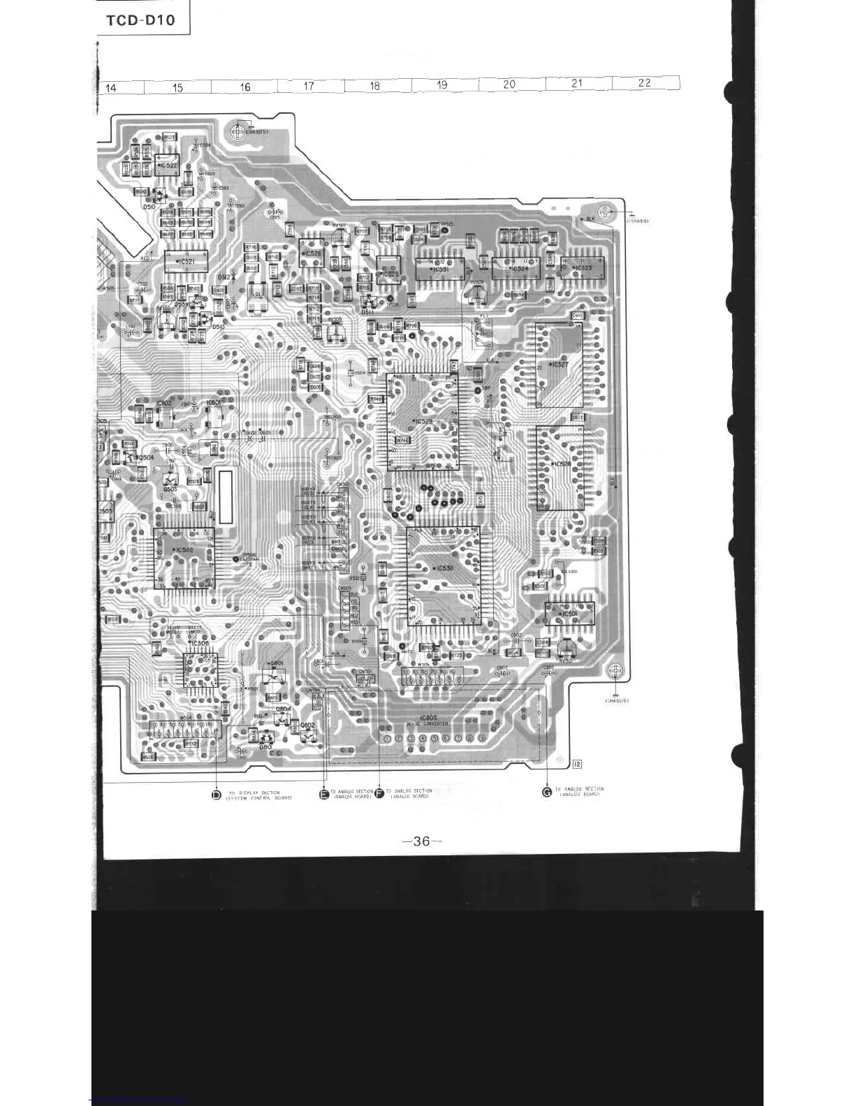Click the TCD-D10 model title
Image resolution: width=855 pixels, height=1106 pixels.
[x=140, y=20]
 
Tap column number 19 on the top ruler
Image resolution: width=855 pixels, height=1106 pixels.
[x=442, y=85]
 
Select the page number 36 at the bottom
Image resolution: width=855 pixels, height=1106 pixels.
[x=422, y=841]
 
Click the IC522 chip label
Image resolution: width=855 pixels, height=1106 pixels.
[x=168, y=166]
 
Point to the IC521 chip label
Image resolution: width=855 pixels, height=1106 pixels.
[x=186, y=262]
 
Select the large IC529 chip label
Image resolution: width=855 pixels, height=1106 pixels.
[x=423, y=422]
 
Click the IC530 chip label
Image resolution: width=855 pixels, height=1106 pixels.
[x=443, y=568]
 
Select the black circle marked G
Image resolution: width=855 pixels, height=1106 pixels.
[x=547, y=791]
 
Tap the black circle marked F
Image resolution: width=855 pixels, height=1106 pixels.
[x=379, y=793]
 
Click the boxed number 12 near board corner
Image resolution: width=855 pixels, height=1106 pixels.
[x=577, y=763]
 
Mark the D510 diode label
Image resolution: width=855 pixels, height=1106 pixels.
[x=149, y=207]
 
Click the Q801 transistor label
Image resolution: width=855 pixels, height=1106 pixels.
[x=277, y=663]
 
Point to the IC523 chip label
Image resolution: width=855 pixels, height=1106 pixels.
[x=582, y=267]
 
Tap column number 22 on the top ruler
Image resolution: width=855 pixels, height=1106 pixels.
[x=644, y=82]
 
